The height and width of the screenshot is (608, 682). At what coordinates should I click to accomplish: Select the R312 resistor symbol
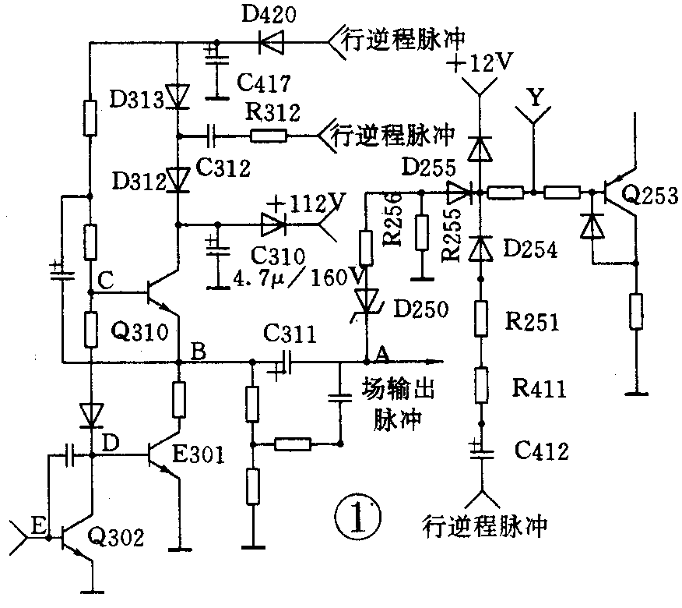click(269, 136)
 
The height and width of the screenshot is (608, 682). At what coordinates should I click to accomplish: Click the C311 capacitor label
click(290, 337)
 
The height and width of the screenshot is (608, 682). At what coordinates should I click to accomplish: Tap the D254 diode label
click(532, 249)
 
